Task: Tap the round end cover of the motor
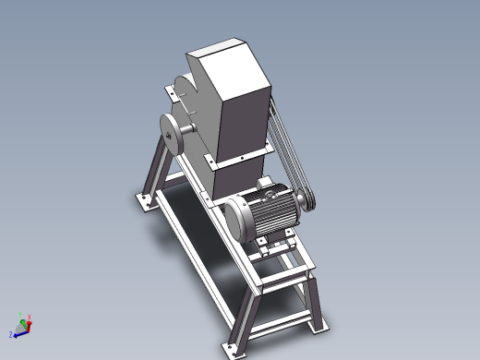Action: (235, 217)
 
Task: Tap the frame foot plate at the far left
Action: (144, 199)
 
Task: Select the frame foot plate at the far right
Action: (319, 326)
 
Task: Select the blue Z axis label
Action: (11, 334)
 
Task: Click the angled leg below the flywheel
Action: (158, 170)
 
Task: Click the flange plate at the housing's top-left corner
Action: (171, 91)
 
